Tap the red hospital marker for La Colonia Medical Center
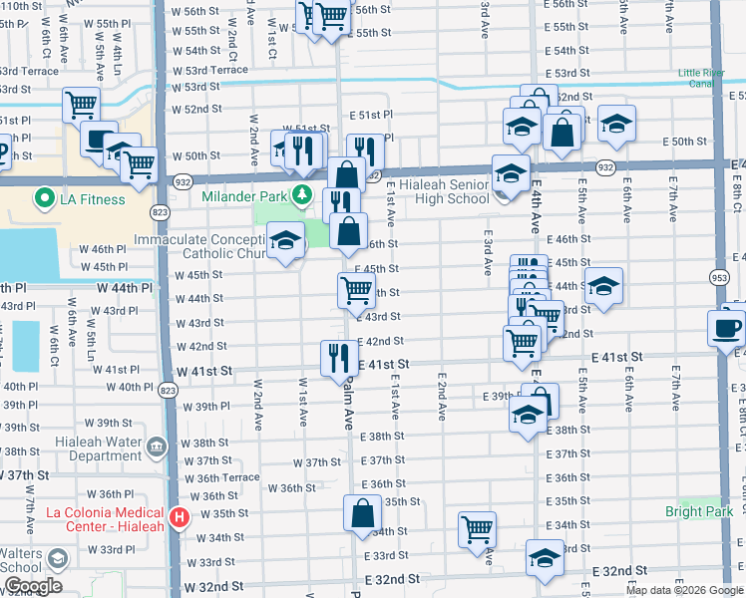click(179, 517)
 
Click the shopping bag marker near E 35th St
click(362, 513)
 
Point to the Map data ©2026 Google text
click(684, 590)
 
